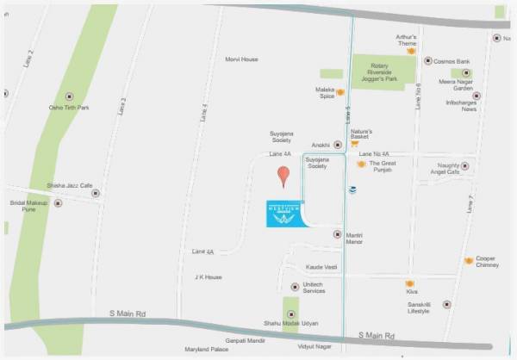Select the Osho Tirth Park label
pyautogui.click(x=68, y=108)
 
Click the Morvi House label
pyautogui.click(x=241, y=59)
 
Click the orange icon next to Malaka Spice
pyautogui.click(x=341, y=91)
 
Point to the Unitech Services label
pyautogui.click(x=314, y=288)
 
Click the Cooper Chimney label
pyautogui.click(x=487, y=262)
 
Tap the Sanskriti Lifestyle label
pyautogui.click(x=425, y=307)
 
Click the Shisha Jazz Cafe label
pyautogui.click(x=69, y=185)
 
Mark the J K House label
pyautogui.click(x=209, y=277)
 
